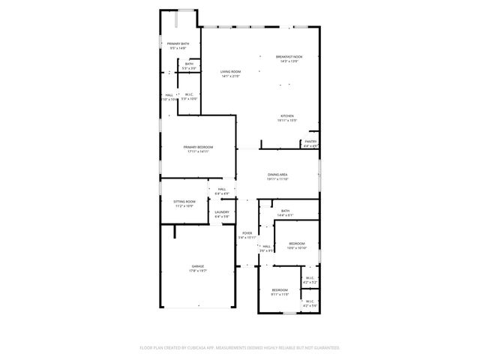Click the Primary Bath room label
tap(178, 44)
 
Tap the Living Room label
tap(230, 71)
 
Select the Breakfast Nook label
tap(289, 57)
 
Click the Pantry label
tap(310, 141)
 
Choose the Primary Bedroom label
tap(199, 147)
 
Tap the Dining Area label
tap(277, 175)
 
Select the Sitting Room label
tap(184, 201)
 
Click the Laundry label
tap(221, 212)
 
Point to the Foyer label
tap(247, 233)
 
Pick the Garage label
tap(197, 266)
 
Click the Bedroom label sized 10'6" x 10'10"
tap(297, 243)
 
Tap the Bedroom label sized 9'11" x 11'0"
tap(280, 289)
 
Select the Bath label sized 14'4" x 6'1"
tap(285, 211)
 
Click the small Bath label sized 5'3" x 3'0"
tap(189, 64)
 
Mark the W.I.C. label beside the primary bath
tap(189, 94)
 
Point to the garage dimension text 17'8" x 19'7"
tap(197, 271)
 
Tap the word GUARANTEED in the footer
tap(325, 348)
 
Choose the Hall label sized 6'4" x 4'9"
tap(221, 189)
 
